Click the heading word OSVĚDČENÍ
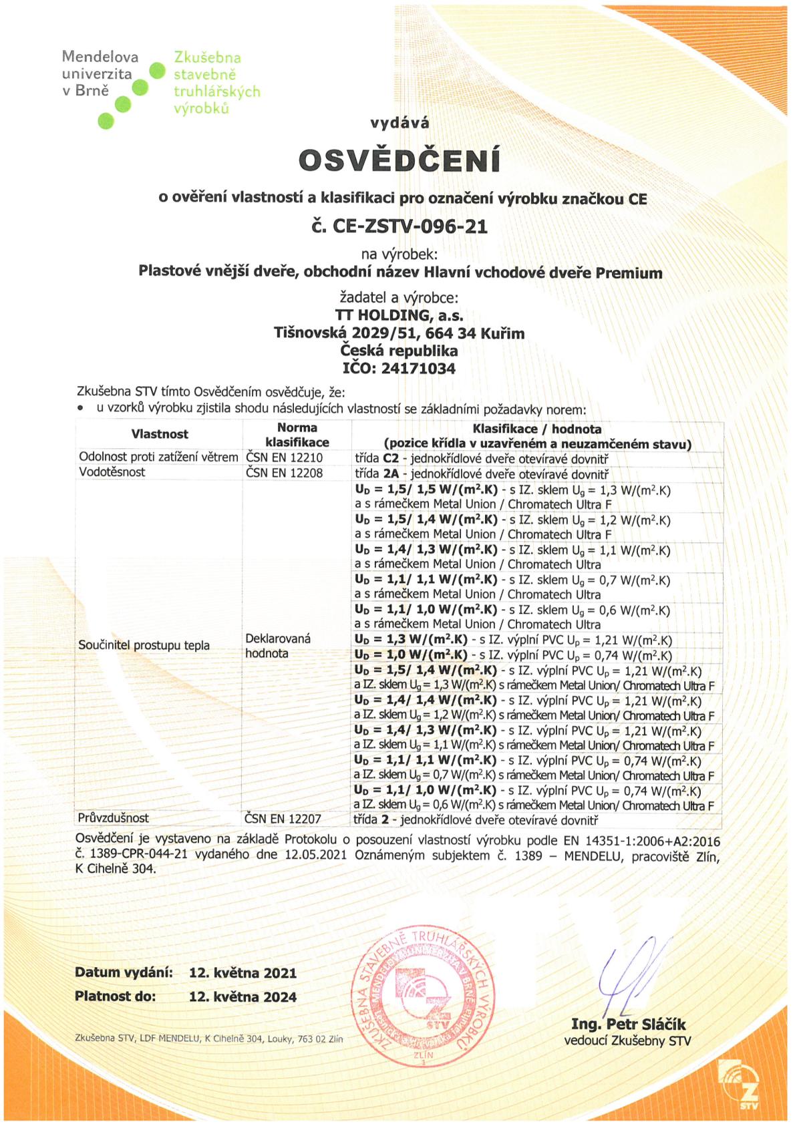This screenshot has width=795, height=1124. click(399, 160)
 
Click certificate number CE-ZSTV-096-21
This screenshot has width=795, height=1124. click(400, 226)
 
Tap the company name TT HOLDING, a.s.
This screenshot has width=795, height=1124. click(399, 315)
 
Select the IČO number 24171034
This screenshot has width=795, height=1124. click(418, 368)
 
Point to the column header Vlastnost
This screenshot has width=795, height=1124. click(160, 434)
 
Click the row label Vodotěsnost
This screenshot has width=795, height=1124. click(112, 472)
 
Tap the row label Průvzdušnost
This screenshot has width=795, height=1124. click(114, 818)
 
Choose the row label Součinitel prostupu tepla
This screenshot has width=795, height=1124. click(144, 645)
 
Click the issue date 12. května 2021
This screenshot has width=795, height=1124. click(243, 973)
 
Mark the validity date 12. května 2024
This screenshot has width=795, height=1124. click(243, 997)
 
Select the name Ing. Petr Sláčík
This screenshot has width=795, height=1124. click(628, 1024)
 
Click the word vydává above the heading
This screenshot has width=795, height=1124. click(400, 123)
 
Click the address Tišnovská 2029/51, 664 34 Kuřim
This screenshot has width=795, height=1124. click(399, 333)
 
